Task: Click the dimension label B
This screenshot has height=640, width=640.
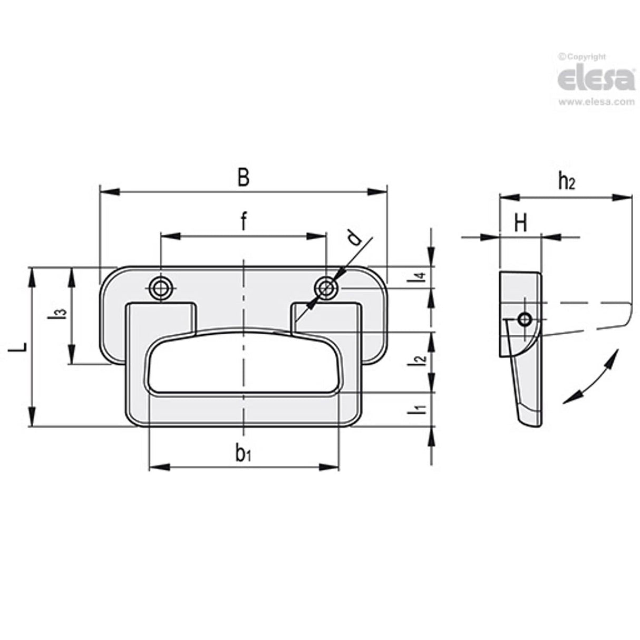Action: tap(243, 178)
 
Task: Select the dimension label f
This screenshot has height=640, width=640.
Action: tap(243, 222)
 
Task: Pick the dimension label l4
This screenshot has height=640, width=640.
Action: tap(419, 277)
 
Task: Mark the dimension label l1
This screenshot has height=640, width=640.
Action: tap(419, 409)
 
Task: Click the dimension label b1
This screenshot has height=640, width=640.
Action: tap(243, 453)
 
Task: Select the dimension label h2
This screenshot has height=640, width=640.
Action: tap(566, 182)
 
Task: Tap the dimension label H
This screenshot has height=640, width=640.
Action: tap(520, 224)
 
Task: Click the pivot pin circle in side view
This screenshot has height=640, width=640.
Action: tap(524, 319)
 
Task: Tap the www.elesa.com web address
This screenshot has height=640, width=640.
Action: tap(596, 102)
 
